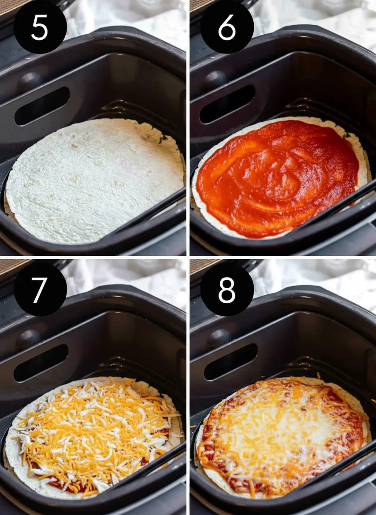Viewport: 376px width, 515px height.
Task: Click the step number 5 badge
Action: click(40, 27)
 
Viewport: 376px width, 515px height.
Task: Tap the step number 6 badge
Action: click(227, 27)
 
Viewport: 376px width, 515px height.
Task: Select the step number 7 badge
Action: click(40, 289)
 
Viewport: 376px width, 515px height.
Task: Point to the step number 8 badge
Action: click(227, 289)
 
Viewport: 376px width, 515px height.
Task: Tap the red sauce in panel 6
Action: click(278, 177)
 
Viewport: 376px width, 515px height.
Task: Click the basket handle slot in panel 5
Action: click(42, 106)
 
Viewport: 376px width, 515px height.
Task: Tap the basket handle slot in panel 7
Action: click(41, 363)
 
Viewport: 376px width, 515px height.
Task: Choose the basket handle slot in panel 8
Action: click(230, 361)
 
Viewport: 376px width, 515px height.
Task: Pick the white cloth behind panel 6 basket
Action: click(316, 20)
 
